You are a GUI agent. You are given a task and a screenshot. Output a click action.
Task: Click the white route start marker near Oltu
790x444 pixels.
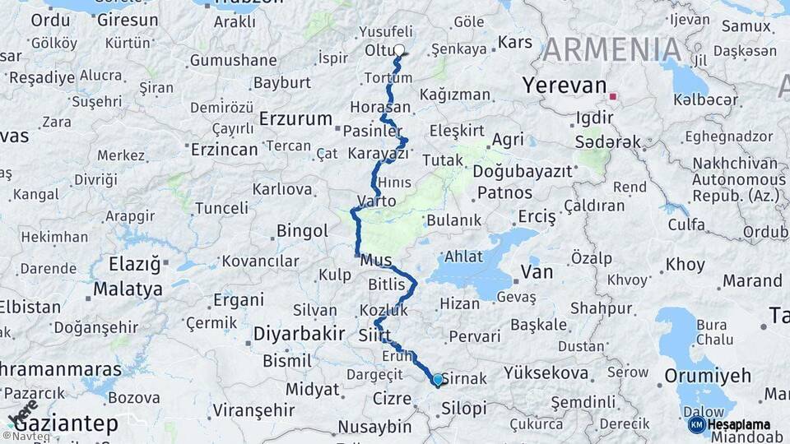[x=399, y=50]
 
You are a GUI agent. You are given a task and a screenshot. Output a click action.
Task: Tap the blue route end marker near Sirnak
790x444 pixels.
[x=437, y=380]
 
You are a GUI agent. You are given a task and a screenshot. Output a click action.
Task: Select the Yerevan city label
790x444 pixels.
[x=565, y=86]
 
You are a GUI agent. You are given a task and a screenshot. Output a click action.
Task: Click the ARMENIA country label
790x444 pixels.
[x=613, y=50]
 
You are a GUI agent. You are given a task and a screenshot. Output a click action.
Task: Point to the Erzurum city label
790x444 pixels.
[x=295, y=118]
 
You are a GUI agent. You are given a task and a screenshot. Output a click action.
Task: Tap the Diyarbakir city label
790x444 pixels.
[x=299, y=334]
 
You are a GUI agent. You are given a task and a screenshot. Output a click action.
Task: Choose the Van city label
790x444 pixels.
[x=537, y=272]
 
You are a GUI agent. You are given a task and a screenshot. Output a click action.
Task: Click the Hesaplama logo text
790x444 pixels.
[x=739, y=425]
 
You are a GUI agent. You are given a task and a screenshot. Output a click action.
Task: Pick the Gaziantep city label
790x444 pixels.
[x=66, y=424]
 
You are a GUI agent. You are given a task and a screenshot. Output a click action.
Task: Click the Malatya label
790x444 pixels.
[x=128, y=289]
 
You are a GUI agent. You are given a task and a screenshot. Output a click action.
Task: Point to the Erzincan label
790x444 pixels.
[x=225, y=150]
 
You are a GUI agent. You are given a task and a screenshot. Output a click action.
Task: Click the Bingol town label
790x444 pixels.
[x=302, y=231]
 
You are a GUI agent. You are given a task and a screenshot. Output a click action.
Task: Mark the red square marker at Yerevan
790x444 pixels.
[x=612, y=97]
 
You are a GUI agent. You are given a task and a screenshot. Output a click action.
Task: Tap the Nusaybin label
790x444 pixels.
[x=374, y=427]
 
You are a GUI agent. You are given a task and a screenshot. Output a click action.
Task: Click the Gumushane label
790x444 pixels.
[x=233, y=60]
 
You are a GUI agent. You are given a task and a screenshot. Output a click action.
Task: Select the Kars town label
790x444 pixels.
[x=515, y=42]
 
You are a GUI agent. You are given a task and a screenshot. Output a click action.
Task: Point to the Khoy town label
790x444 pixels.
[x=685, y=265]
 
